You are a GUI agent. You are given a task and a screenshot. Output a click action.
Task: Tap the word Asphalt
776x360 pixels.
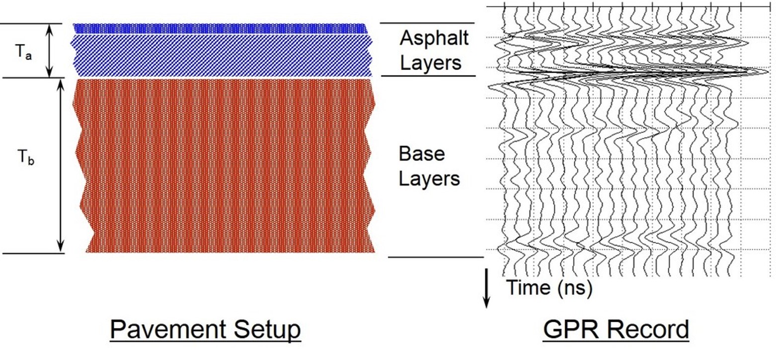434,38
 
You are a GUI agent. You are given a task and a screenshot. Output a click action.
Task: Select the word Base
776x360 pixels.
421,154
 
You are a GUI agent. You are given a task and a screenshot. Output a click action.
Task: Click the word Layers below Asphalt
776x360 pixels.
431,63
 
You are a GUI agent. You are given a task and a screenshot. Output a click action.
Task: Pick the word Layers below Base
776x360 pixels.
430,178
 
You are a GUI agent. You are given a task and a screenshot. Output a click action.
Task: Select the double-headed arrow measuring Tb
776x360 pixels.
61,165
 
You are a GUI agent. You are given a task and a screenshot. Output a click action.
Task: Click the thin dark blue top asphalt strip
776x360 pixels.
220,28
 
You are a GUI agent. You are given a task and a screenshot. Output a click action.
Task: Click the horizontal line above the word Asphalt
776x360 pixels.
427,23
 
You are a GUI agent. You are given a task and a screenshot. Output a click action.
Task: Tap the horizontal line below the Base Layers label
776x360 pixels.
435,257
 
